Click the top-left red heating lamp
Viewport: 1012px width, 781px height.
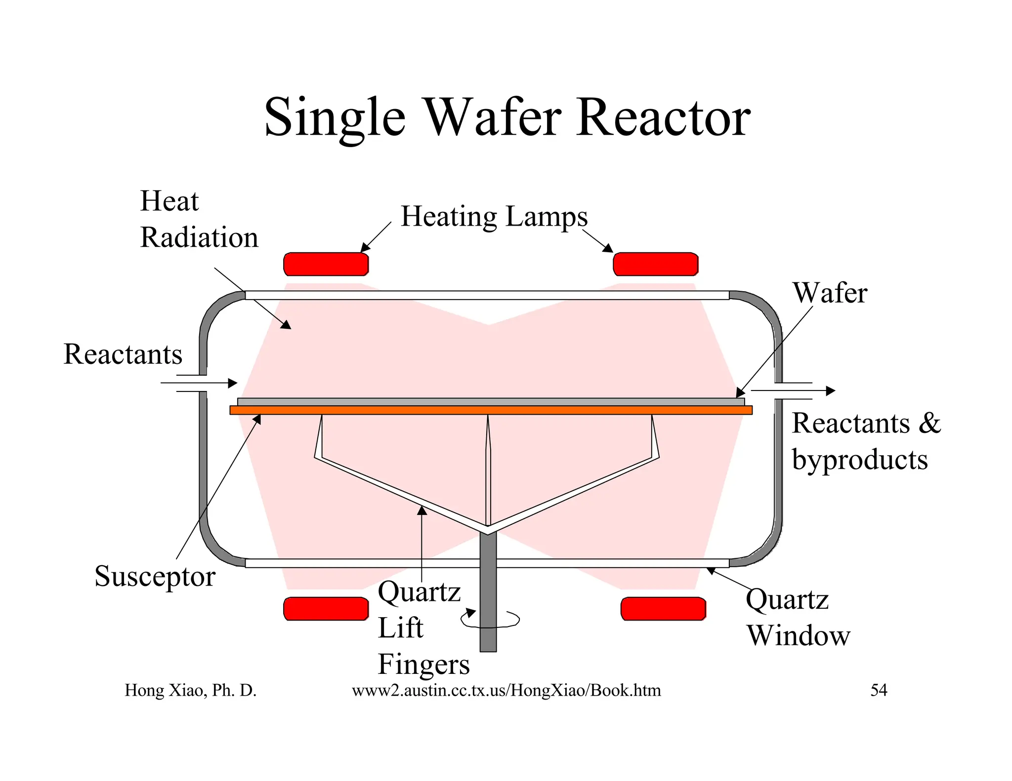pyautogui.click(x=326, y=264)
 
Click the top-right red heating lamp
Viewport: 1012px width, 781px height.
pyautogui.click(x=655, y=264)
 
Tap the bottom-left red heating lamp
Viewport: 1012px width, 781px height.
pyautogui.click(x=326, y=608)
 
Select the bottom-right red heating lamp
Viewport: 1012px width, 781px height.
pyautogui.click(x=663, y=608)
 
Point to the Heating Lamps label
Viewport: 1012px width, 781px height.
pyautogui.click(x=494, y=217)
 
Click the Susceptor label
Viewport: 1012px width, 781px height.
pyautogui.click(x=155, y=576)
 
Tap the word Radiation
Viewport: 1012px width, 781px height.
pyautogui.click(x=199, y=237)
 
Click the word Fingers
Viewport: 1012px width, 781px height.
pyautogui.click(x=423, y=664)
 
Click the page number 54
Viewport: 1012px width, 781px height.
pyautogui.click(x=879, y=690)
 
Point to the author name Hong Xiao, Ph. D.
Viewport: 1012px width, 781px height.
pyautogui.click(x=190, y=690)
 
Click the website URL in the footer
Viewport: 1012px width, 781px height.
pyautogui.click(x=506, y=690)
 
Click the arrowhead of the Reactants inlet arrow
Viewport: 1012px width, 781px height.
pyautogui.click(x=233, y=383)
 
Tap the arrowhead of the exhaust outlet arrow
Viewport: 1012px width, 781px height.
pyautogui.click(x=831, y=390)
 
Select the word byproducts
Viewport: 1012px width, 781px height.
pyautogui.click(x=860, y=460)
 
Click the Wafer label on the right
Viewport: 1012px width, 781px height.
pyautogui.click(x=830, y=293)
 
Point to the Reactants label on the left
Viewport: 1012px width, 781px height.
pyautogui.click(x=123, y=354)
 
